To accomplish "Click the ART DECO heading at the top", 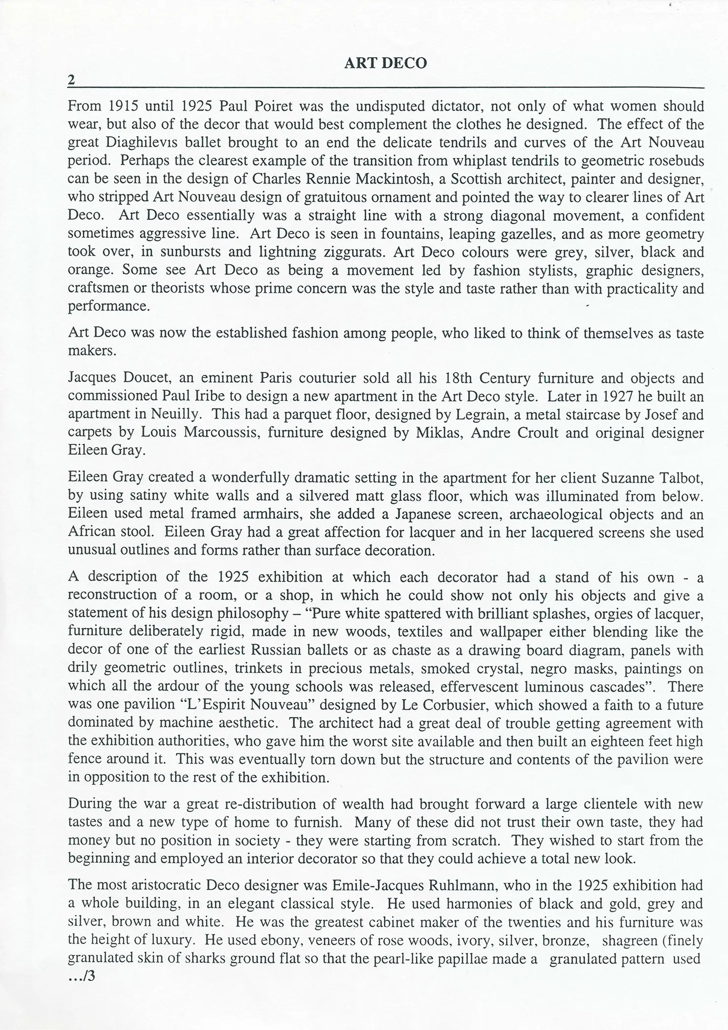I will click(385, 63).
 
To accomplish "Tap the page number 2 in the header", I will click(71, 80).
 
